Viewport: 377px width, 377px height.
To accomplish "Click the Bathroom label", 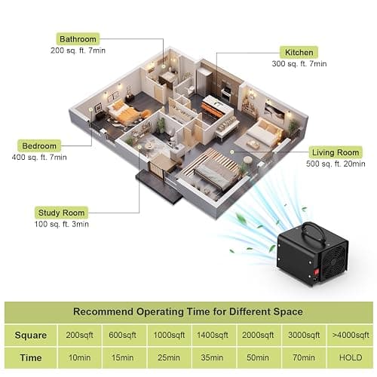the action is [78, 39].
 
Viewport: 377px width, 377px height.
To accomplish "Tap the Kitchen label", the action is [299, 53].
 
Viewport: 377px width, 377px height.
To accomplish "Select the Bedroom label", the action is [39, 146].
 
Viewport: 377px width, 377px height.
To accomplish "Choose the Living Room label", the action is [336, 152].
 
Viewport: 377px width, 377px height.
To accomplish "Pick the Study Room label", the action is [61, 213].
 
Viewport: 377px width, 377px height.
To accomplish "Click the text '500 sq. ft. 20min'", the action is [336, 164].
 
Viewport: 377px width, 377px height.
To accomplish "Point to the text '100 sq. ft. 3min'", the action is [62, 224].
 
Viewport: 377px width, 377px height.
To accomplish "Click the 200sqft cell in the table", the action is [79, 335].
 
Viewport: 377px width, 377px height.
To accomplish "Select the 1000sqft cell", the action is [169, 335].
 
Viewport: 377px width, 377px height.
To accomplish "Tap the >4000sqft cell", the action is [351, 335].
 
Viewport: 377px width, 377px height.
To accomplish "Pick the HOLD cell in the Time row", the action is [351, 357].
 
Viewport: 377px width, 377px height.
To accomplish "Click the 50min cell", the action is [258, 357].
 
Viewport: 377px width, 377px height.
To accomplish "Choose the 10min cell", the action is [79, 357].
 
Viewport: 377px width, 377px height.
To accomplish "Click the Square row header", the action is [31, 336].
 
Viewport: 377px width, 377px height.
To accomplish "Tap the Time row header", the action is [31, 357].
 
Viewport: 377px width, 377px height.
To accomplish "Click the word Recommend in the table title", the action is [103, 311].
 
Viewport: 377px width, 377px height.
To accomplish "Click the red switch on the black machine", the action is [317, 272].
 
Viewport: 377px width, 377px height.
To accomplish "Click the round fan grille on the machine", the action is [334, 261].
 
